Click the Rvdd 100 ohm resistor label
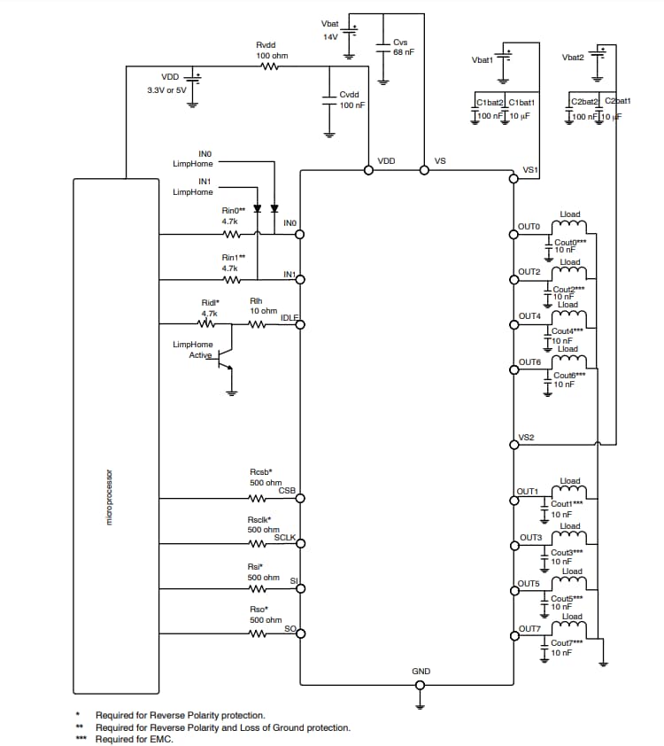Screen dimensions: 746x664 coord(272,51)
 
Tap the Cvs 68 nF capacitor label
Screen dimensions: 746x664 coord(403,47)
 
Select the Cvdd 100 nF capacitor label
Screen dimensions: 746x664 coord(351,99)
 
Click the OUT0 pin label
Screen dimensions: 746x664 coord(529,227)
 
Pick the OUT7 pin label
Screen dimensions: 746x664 coord(529,628)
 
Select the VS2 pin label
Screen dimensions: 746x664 coord(526,436)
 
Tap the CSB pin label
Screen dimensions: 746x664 coord(287,490)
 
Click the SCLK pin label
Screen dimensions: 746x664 coord(284,537)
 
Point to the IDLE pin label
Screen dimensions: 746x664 coord(290,317)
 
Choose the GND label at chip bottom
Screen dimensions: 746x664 coord(421,672)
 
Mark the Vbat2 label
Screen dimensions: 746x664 coord(573,58)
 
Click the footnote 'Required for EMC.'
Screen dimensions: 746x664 coord(135,740)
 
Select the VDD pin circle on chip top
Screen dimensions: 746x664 coord(368,170)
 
